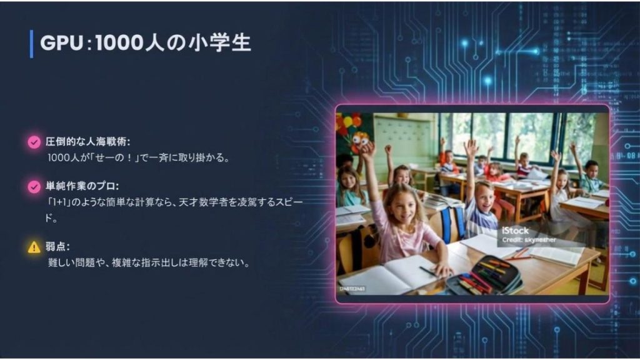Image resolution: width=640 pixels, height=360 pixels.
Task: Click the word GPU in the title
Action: [62, 43]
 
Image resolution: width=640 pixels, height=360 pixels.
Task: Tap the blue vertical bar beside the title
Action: [31, 44]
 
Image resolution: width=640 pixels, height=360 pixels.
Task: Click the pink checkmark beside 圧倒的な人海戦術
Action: [34, 142]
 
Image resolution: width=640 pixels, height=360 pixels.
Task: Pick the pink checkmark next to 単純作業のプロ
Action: [34, 186]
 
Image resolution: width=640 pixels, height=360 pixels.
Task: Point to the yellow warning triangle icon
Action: [34, 247]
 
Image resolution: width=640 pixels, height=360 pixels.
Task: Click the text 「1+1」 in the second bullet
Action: [59, 202]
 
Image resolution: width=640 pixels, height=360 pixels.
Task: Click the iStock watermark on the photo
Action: [515, 231]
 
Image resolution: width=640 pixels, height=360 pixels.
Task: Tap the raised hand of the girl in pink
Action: [367, 151]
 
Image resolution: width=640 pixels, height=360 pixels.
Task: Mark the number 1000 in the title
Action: [119, 43]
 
